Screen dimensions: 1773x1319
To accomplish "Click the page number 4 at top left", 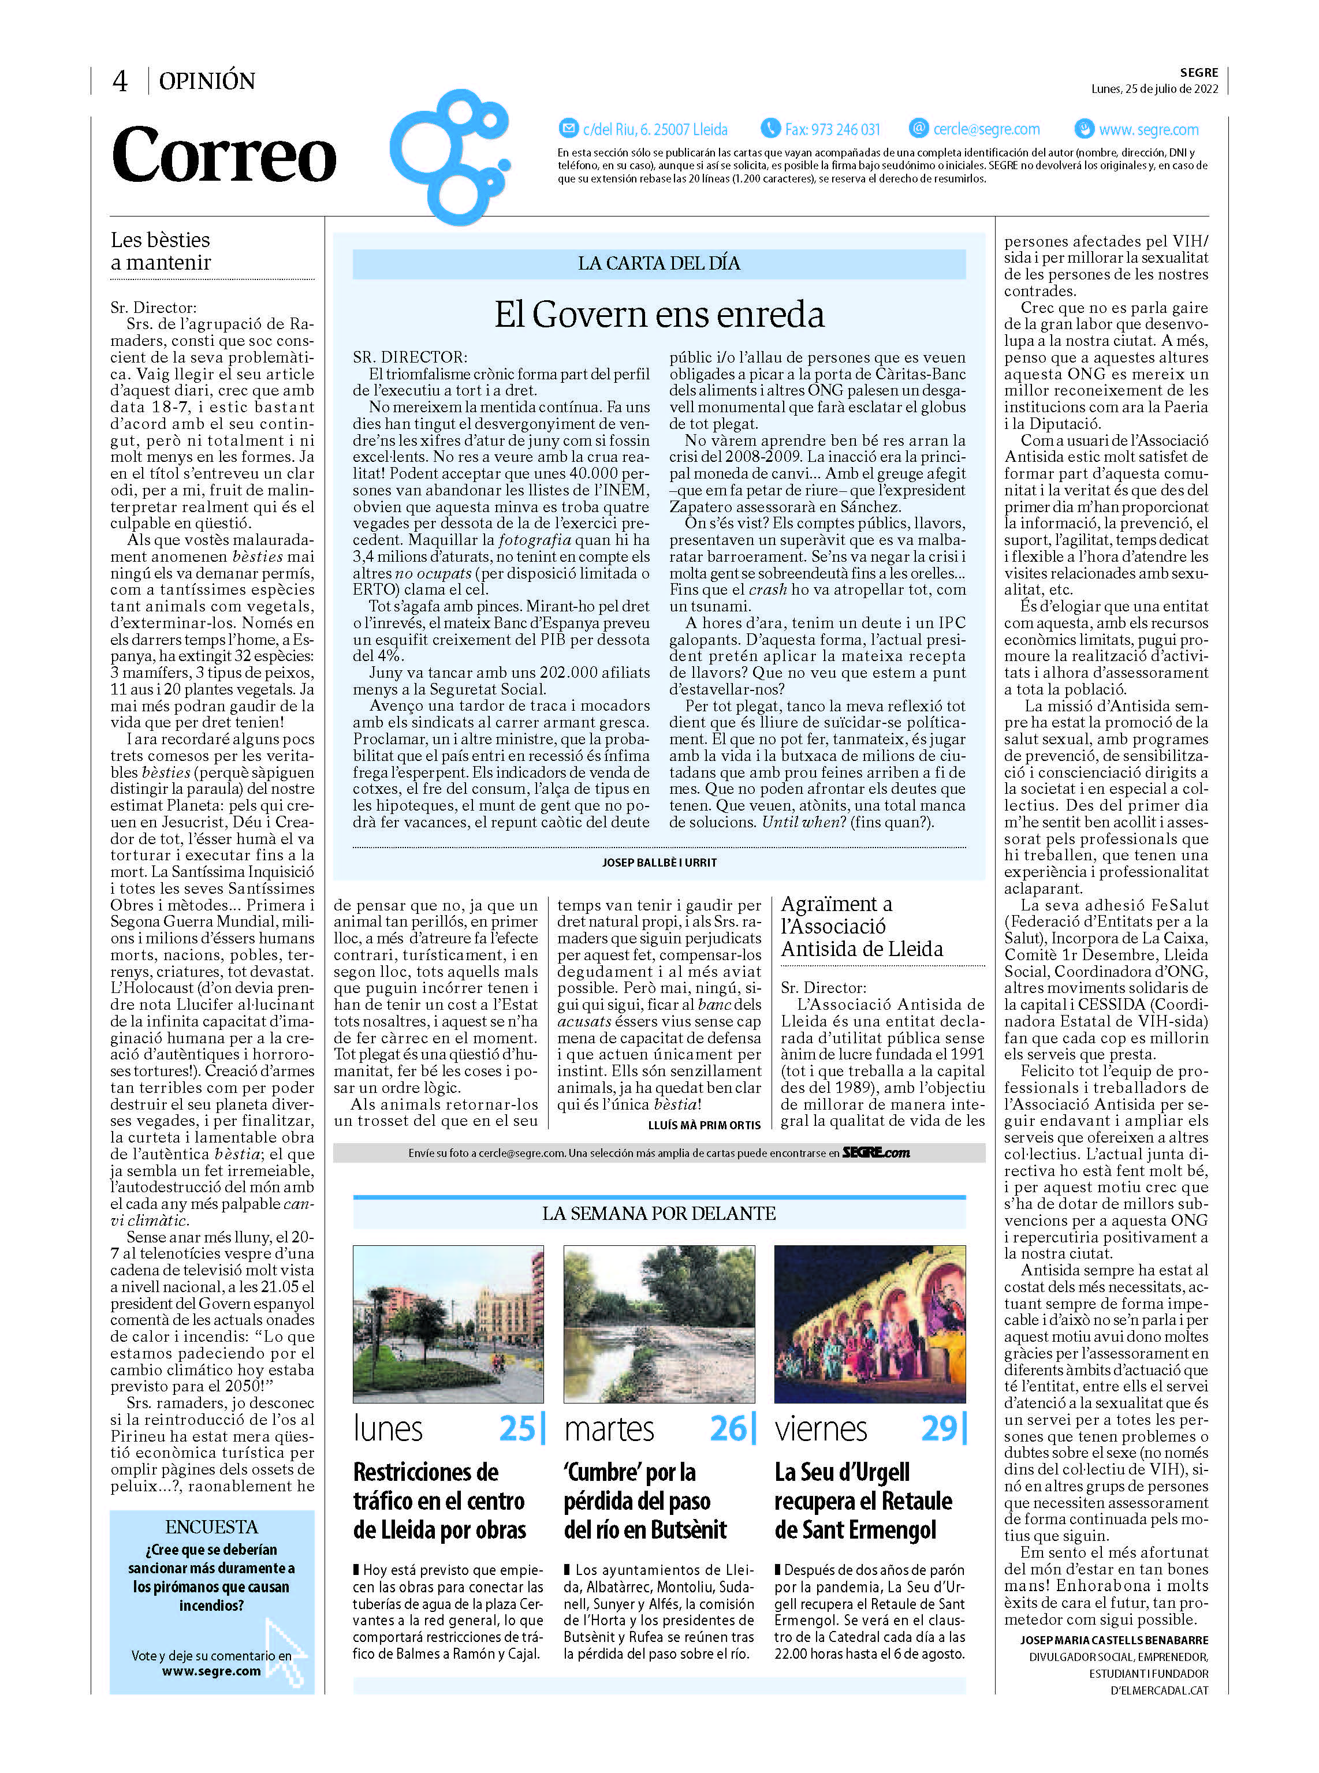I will click(120, 81).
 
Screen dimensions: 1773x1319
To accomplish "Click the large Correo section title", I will click(225, 155).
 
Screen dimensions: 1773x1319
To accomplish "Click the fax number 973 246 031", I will click(832, 129).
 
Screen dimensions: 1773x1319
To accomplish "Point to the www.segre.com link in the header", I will click(1148, 129).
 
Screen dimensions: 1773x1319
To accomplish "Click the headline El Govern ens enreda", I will click(659, 315).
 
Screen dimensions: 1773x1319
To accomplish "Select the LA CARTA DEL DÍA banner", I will click(659, 263).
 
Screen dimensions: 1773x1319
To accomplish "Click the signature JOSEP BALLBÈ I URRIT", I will click(659, 862).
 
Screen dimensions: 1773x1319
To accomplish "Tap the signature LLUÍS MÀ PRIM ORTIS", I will click(704, 1125).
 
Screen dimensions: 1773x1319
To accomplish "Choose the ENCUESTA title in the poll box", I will click(211, 1526).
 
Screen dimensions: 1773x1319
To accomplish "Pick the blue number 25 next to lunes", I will click(517, 1429).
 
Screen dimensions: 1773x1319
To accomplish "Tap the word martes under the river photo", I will click(609, 1429).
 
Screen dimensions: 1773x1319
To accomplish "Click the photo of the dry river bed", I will click(659, 1324).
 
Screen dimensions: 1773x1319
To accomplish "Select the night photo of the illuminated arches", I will click(870, 1324).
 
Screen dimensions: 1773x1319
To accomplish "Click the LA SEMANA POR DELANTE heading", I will click(659, 1214).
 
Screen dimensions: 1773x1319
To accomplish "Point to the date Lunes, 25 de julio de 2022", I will click(1154, 88).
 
